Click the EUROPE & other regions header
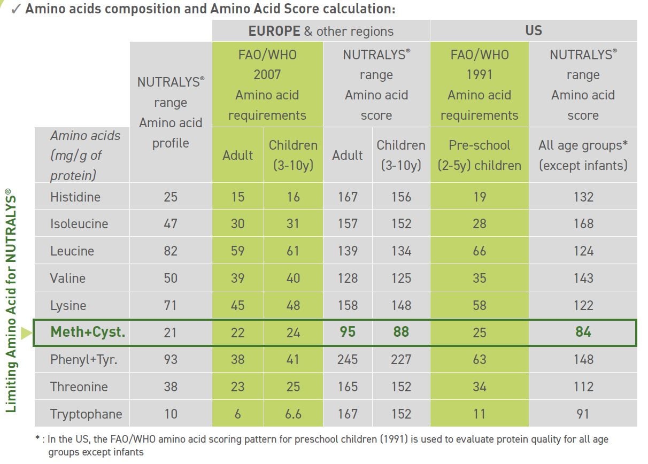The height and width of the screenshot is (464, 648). click(320, 31)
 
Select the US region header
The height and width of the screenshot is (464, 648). click(533, 30)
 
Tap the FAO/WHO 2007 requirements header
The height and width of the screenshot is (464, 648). click(267, 85)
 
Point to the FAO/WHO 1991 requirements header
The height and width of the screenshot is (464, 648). click(479, 85)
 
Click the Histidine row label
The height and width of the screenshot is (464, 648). click(75, 197)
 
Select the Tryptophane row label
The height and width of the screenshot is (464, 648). click(86, 414)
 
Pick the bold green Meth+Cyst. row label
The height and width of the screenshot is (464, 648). click(88, 332)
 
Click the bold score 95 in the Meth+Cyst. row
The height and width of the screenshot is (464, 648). click(348, 332)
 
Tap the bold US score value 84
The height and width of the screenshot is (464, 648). click(583, 332)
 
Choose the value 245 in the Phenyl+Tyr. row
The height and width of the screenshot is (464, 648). click(348, 359)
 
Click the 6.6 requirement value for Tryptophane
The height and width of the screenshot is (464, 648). click(292, 414)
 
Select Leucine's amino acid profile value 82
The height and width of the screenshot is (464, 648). click(171, 251)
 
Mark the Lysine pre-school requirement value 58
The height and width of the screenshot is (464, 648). click(479, 305)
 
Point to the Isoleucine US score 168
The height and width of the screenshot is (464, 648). click(583, 223)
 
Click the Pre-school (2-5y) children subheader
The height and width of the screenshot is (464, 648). click(479, 155)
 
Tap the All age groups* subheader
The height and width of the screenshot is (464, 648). click(583, 155)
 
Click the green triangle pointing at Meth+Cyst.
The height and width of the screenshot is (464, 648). click(26, 333)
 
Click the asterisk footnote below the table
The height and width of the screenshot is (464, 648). click(321, 445)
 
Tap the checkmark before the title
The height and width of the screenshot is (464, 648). click(16, 10)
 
